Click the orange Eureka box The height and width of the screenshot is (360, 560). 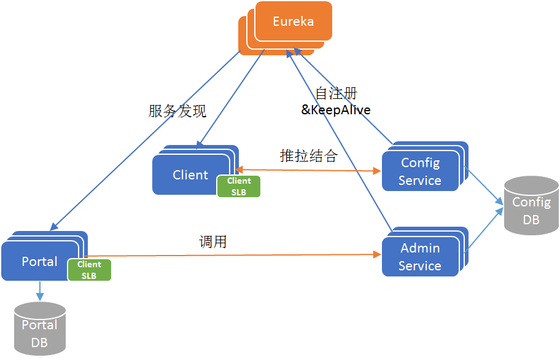[x=293, y=22]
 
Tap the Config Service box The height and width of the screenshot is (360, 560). [x=420, y=171]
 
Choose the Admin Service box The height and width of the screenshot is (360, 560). [x=420, y=257]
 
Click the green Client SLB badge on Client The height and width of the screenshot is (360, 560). [x=238, y=187]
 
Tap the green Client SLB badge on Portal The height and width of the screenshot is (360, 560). [x=89, y=270]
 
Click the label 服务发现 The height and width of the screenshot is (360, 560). [x=177, y=111]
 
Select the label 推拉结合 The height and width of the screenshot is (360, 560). [x=308, y=156]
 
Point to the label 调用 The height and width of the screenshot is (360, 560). [x=213, y=242]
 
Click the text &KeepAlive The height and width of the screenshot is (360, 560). [x=335, y=109]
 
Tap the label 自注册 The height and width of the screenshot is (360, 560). [x=336, y=93]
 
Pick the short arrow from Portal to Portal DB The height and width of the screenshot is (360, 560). [x=40, y=289]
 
